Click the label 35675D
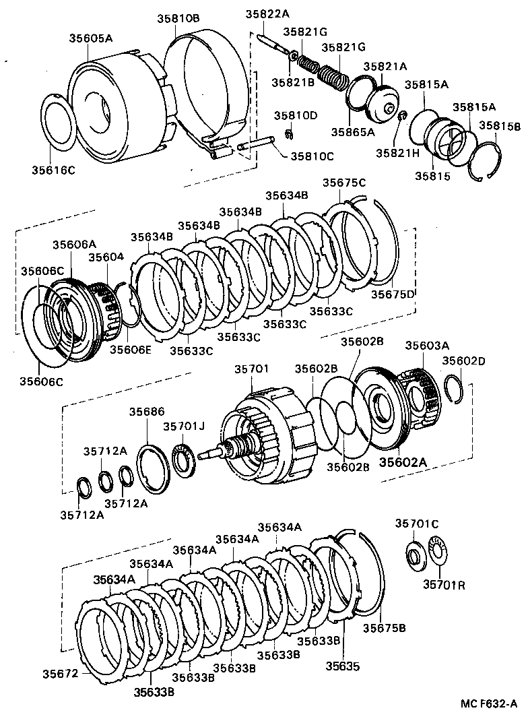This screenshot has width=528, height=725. click(393, 294)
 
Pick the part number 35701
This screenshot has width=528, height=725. click(251, 369)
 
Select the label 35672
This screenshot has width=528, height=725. click(61, 673)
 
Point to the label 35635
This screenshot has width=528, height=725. click(343, 666)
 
